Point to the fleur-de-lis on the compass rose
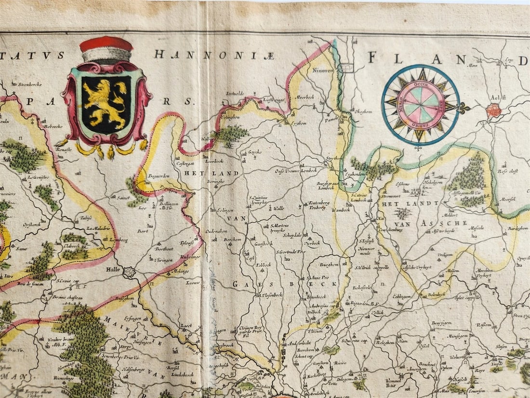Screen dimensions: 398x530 (x=464, y=108)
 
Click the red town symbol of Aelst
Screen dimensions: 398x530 (x=494, y=110)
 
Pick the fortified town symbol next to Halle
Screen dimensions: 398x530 (x=129, y=272)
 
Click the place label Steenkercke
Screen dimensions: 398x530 (x=30, y=84)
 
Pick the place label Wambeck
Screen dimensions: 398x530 (x=355, y=210)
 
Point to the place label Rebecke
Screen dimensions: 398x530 (x=54, y=126)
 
